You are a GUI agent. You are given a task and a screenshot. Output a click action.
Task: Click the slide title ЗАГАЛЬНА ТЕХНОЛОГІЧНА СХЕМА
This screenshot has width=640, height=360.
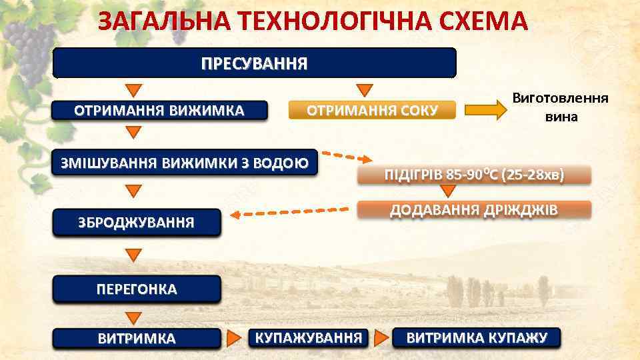[313, 23]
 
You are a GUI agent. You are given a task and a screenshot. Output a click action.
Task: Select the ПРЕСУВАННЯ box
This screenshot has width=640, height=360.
[255, 63]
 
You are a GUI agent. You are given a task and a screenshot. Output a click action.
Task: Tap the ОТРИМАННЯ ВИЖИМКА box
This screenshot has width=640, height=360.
[159, 110]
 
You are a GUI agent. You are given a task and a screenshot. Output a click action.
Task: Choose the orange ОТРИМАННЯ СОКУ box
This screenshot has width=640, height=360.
[371, 110]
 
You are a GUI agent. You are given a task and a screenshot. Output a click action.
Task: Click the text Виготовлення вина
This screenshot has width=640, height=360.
[560, 107]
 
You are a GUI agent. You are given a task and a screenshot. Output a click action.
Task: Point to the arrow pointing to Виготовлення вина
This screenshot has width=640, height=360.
[485, 110]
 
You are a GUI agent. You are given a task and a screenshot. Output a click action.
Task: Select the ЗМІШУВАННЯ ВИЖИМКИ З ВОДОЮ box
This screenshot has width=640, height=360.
[185, 163]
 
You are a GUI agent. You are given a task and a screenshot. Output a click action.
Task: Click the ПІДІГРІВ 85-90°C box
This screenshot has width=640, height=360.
[474, 175]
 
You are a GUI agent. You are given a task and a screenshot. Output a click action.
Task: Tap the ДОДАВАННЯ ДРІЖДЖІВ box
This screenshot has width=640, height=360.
[474, 210]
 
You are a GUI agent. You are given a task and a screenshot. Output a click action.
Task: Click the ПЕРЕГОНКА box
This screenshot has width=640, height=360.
[137, 289]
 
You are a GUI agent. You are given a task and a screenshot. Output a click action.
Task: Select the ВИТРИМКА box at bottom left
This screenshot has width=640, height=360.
[137, 338]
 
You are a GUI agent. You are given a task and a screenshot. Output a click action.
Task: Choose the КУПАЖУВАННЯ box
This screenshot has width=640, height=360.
[308, 337]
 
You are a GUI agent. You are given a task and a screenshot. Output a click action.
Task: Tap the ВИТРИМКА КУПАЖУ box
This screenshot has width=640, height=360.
[477, 337]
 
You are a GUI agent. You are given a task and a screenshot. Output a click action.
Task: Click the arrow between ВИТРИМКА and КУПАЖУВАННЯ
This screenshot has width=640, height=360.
[235, 337]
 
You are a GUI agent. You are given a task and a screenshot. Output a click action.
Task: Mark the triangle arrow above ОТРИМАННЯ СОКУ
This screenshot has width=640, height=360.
[364, 90]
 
